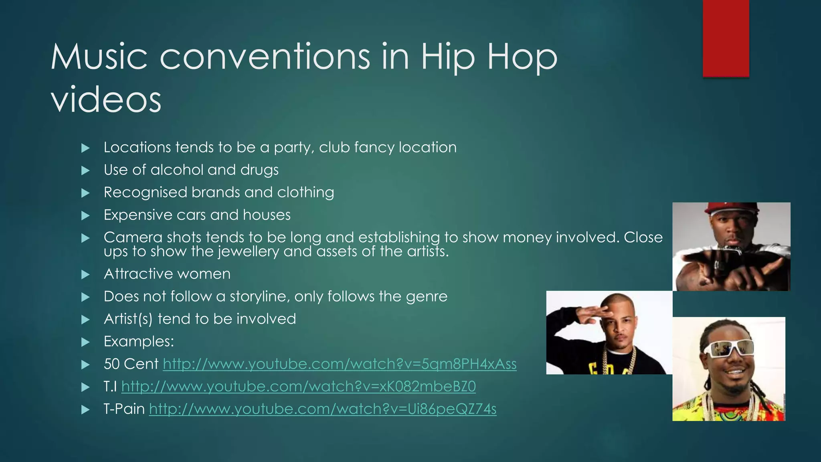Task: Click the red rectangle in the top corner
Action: coord(726,38)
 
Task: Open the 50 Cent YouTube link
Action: coord(340,364)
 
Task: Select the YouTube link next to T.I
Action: coord(298,386)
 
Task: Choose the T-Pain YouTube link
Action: coord(323,409)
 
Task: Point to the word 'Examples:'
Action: coord(139,341)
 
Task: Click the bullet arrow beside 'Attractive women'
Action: coord(85,275)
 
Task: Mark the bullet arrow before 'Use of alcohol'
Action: coord(85,171)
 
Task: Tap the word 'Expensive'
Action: coord(138,215)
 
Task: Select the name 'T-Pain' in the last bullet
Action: coord(124,409)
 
